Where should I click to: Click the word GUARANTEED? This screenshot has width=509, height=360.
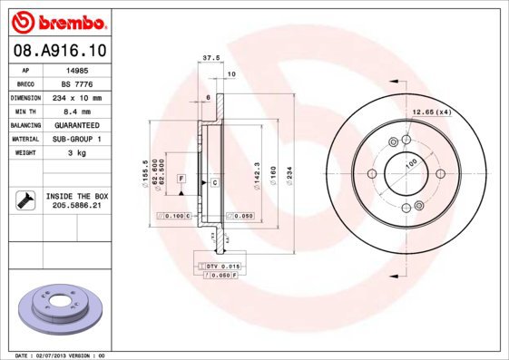pyautogui.click(x=76, y=124)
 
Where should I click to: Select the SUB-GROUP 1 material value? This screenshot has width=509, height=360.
pyautogui.click(x=76, y=139)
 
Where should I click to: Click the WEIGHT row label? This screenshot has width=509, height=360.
pyautogui.click(x=25, y=153)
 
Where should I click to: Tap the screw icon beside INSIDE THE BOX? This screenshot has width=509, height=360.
pyautogui.click(x=24, y=201)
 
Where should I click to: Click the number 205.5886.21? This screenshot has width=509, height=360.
pyautogui.click(x=76, y=207)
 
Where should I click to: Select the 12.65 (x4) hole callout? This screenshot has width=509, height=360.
pyautogui.click(x=432, y=112)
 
